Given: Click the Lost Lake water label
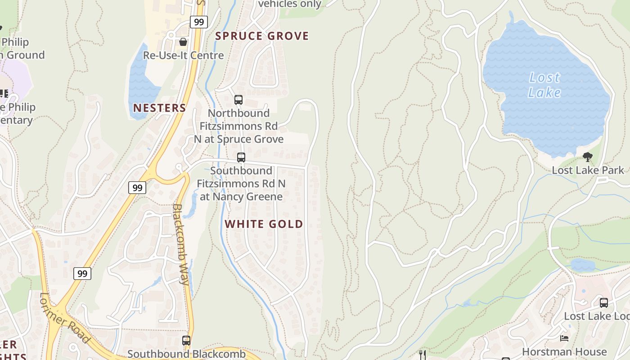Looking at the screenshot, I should tap(544, 85).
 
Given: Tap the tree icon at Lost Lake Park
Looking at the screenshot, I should tap(587, 157).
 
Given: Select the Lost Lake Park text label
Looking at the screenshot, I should tap(588, 170).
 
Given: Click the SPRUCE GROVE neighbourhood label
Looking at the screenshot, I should tap(262, 36).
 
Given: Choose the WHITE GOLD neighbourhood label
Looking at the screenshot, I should tap(264, 224).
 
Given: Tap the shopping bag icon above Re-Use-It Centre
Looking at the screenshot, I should tap(183, 42).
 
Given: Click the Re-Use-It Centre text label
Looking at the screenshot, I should tap(183, 55).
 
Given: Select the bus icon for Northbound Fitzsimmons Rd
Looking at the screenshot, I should tap(238, 100).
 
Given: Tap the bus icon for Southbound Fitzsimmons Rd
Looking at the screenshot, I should tap(241, 157).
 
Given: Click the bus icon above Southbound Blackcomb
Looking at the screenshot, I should tap(186, 341).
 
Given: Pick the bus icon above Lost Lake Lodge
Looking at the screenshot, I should tap(604, 303).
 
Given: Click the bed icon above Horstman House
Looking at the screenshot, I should tap(564, 338).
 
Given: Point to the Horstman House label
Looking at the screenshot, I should tap(564, 351).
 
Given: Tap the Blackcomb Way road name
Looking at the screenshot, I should tap(180, 244).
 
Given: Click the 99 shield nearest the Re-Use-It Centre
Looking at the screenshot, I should tap(198, 22).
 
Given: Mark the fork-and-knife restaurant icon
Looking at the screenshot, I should tap(422, 355).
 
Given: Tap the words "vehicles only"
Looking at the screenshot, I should tap(290, 4).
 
